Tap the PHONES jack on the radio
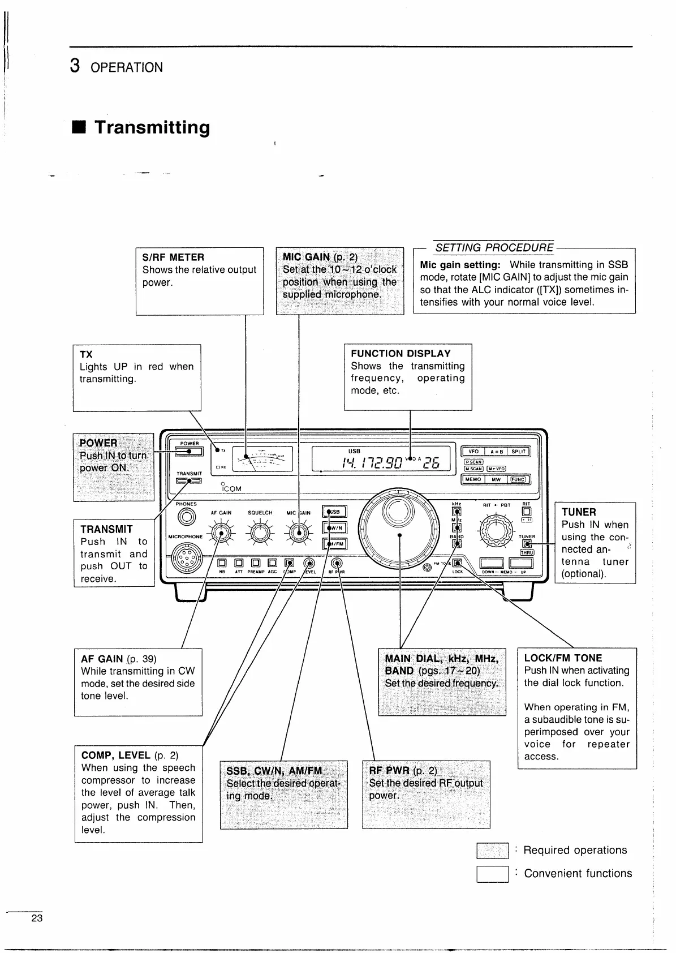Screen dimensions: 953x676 (x=186, y=517)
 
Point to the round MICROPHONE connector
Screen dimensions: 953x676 (x=186, y=559)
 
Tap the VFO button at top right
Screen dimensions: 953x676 (x=473, y=452)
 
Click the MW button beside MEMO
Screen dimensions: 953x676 (x=496, y=479)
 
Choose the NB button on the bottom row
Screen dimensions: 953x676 (x=222, y=563)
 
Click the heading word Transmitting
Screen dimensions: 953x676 (x=152, y=127)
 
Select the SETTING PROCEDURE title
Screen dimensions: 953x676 (x=494, y=247)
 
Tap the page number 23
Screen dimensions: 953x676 (x=37, y=918)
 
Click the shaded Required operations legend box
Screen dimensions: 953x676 (x=492, y=851)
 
